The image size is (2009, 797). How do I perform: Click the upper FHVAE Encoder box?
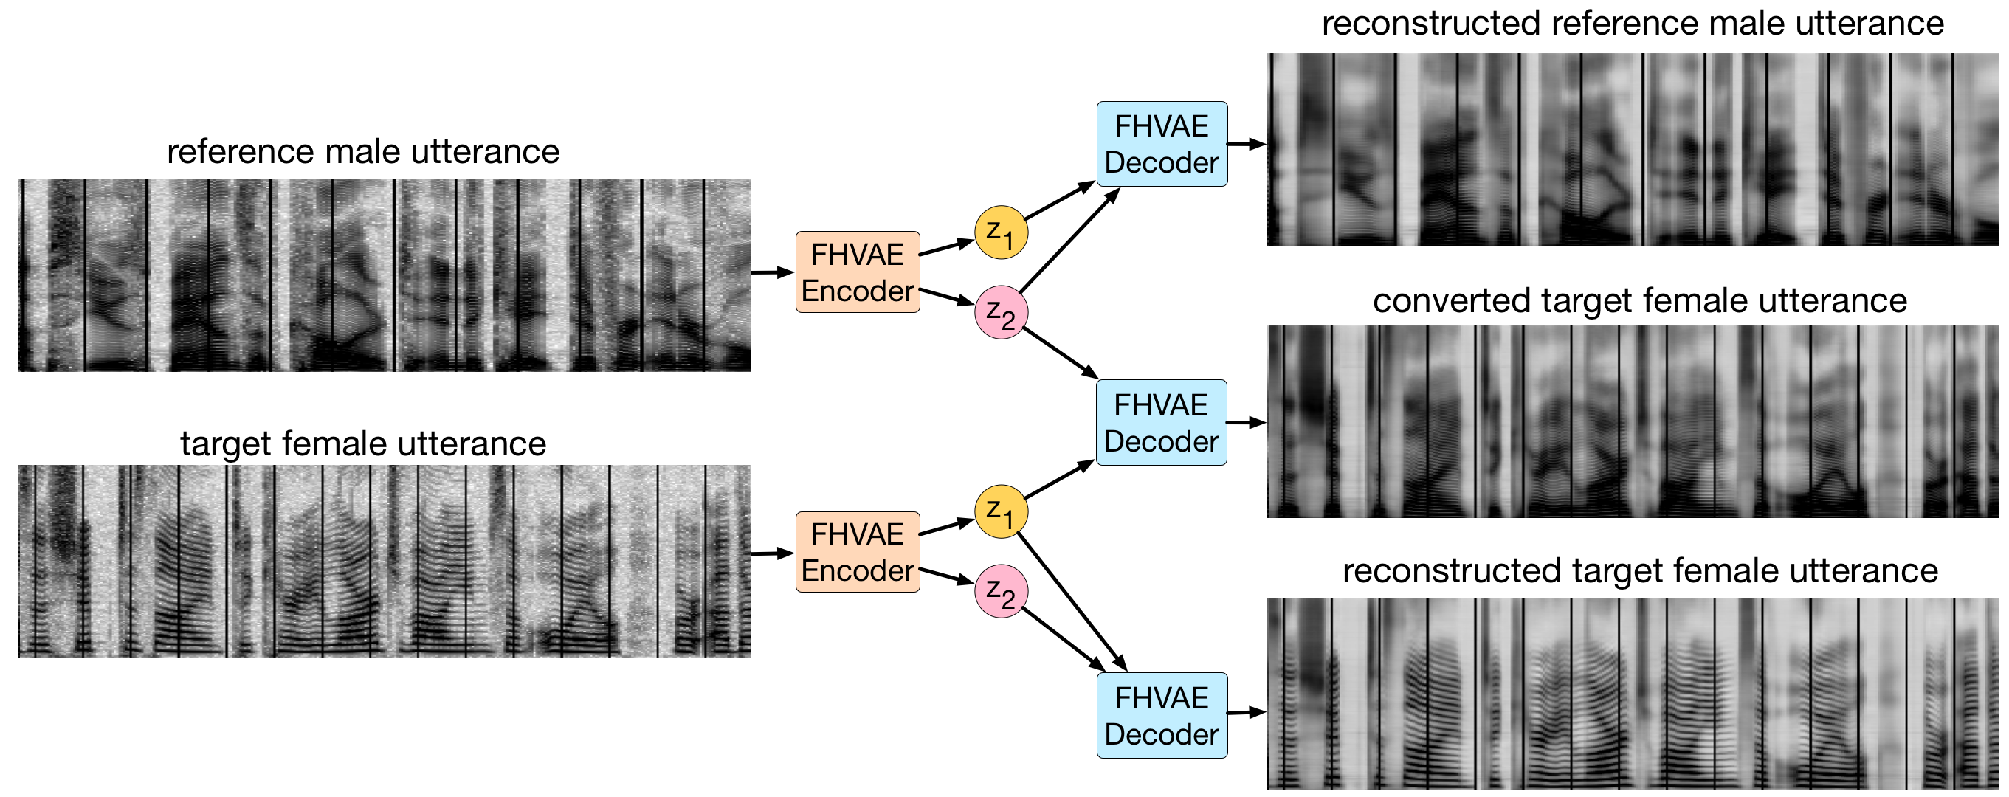click(857, 272)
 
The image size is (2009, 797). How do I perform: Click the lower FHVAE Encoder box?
click(857, 552)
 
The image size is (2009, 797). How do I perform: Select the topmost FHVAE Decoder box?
click(1161, 144)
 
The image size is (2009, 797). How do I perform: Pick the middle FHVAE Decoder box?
click(1160, 423)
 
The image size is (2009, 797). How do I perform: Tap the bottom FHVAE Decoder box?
click(1161, 715)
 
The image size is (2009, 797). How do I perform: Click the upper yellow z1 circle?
click(1001, 232)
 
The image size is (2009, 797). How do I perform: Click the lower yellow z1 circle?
click(1001, 511)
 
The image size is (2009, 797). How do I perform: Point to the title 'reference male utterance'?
click(362, 151)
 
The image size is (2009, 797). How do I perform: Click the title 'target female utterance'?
click(362, 444)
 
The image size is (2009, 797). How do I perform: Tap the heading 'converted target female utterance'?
click(1639, 301)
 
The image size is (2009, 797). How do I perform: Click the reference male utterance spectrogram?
click(384, 275)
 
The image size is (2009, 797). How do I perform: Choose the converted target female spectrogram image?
click(1633, 421)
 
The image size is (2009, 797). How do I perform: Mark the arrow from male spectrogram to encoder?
click(771, 272)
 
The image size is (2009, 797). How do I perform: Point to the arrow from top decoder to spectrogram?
click(1247, 144)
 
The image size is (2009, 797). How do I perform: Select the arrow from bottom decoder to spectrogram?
click(1247, 712)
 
